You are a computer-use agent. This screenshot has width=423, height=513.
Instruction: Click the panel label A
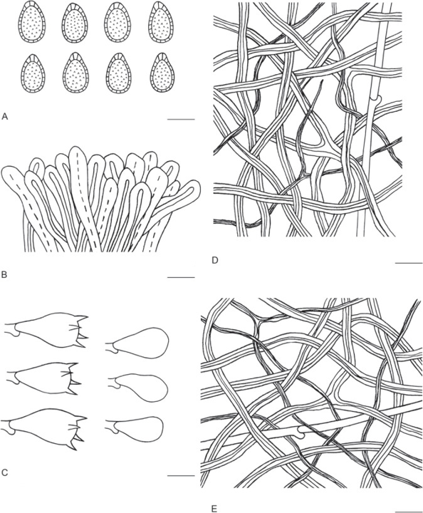pos(4,116)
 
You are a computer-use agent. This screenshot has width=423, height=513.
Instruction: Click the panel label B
pos(4,274)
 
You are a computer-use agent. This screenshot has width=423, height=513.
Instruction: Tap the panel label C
pos(4,472)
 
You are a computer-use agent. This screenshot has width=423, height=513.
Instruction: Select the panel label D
pos(215,261)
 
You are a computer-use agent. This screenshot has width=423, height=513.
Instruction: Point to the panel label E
pos(214,509)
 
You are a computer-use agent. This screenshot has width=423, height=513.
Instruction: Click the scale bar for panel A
pos(181,120)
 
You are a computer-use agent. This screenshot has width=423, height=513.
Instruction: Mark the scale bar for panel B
pos(181,277)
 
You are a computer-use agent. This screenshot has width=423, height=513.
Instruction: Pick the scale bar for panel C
pos(181,475)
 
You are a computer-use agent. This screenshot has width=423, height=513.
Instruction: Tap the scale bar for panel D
pos(409,263)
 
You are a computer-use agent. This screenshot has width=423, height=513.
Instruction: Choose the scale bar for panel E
pos(409,511)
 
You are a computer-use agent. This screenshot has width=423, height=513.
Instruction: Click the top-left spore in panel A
pos(32,22)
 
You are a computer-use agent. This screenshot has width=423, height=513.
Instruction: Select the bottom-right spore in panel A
pos(162,73)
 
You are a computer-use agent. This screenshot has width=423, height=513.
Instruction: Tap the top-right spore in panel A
pos(162,22)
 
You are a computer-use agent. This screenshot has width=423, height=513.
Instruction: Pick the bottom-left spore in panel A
pos(32,73)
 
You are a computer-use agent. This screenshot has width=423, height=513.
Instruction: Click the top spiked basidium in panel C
pos(47,330)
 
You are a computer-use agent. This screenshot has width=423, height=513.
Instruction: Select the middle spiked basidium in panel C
pos(43,378)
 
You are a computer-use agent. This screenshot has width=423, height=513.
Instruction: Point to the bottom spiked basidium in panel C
pos(44,427)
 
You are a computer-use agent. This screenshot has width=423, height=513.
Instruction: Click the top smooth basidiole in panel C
pos(137,343)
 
